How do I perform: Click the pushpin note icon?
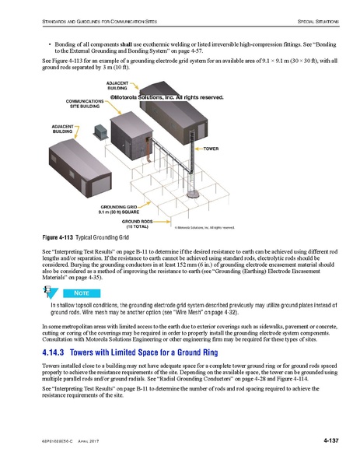pos(49,291)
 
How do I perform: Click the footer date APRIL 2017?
pos(89,441)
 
